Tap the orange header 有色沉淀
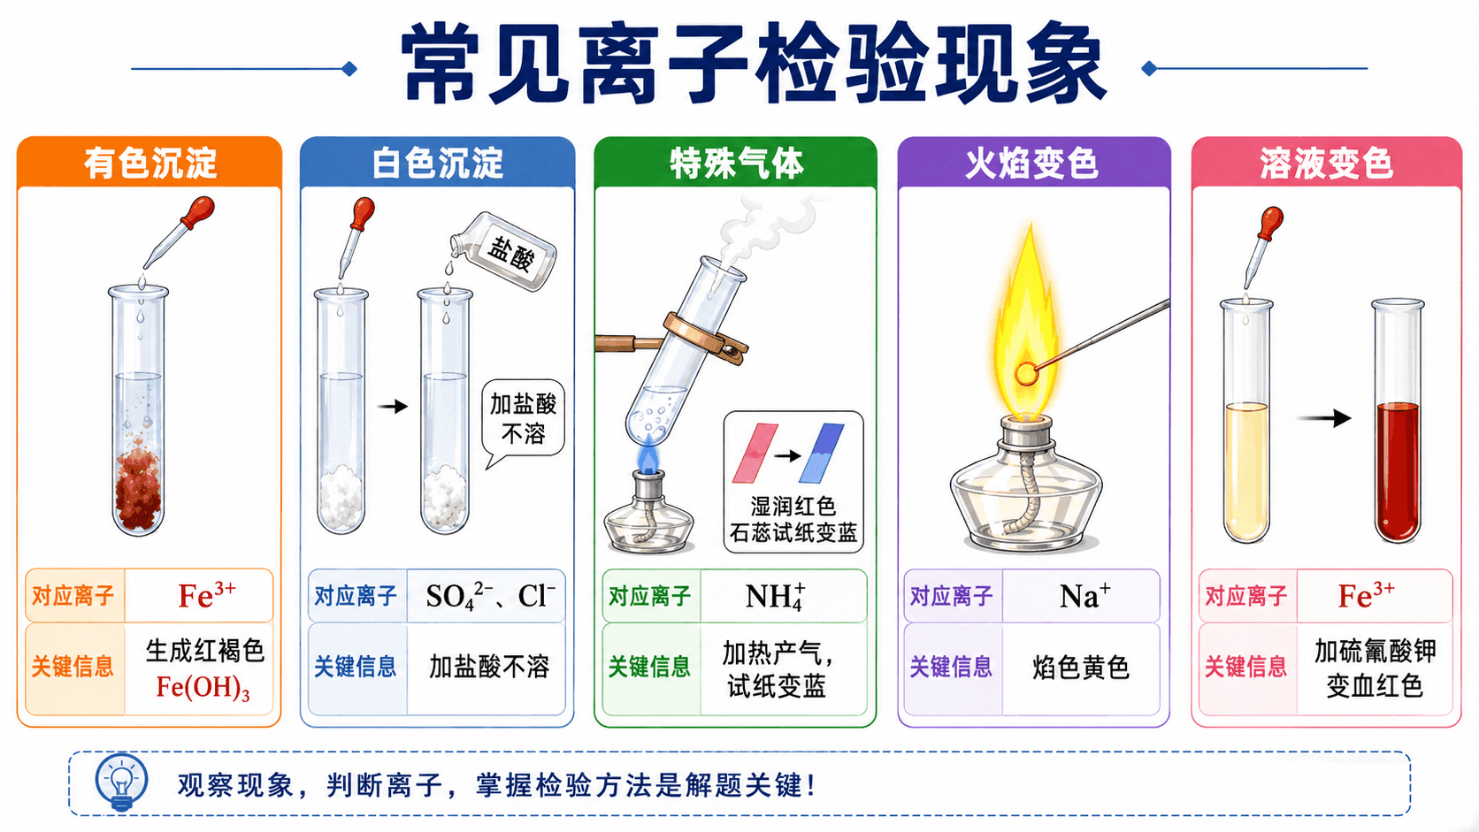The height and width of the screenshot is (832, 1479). click(x=150, y=164)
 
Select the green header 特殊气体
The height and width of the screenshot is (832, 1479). click(x=736, y=164)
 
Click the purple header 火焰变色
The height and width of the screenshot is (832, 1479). click(x=1032, y=164)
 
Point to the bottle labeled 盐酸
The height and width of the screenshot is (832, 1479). click(x=504, y=251)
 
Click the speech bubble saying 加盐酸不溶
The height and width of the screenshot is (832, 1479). click(x=523, y=420)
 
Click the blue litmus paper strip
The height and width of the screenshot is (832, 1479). click(x=822, y=453)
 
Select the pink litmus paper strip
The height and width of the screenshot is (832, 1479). click(x=755, y=453)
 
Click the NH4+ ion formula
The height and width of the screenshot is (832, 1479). click(x=775, y=596)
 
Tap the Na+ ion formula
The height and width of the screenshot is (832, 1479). click(x=1084, y=596)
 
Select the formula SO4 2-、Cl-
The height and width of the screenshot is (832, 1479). click(x=491, y=597)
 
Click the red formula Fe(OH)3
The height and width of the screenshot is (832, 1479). click(x=203, y=688)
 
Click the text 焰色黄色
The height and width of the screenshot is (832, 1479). click(x=1081, y=668)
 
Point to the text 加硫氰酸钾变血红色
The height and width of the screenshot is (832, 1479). click(x=1375, y=668)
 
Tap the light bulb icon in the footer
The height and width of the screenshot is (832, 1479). click(x=121, y=782)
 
